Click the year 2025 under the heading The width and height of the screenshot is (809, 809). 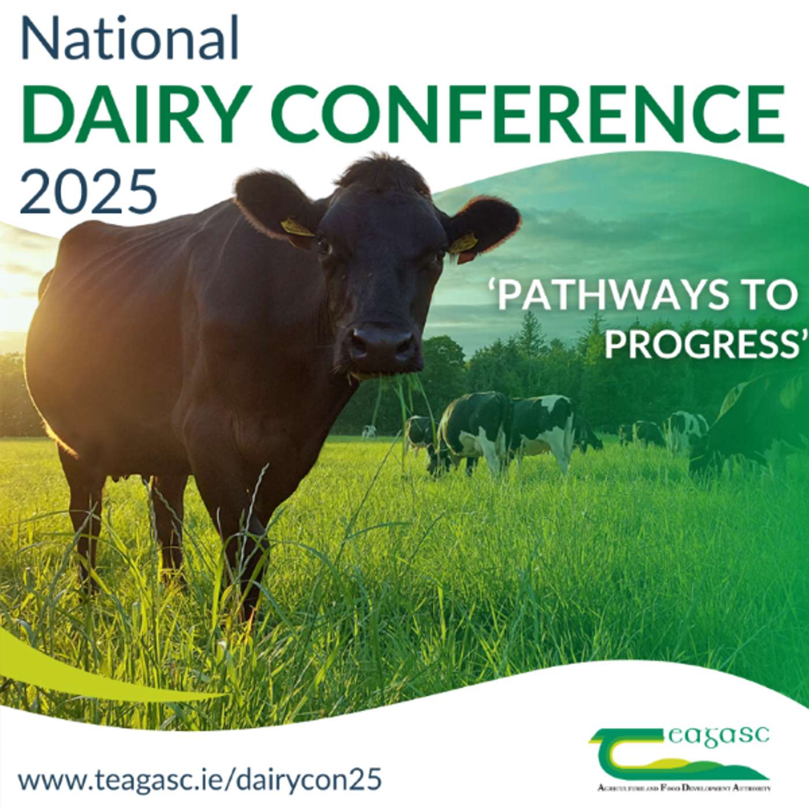(88, 191)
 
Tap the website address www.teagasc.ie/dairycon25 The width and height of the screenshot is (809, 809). (199, 780)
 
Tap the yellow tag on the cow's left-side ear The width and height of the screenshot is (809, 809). (297, 228)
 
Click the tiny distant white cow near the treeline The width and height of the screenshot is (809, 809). (368, 431)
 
